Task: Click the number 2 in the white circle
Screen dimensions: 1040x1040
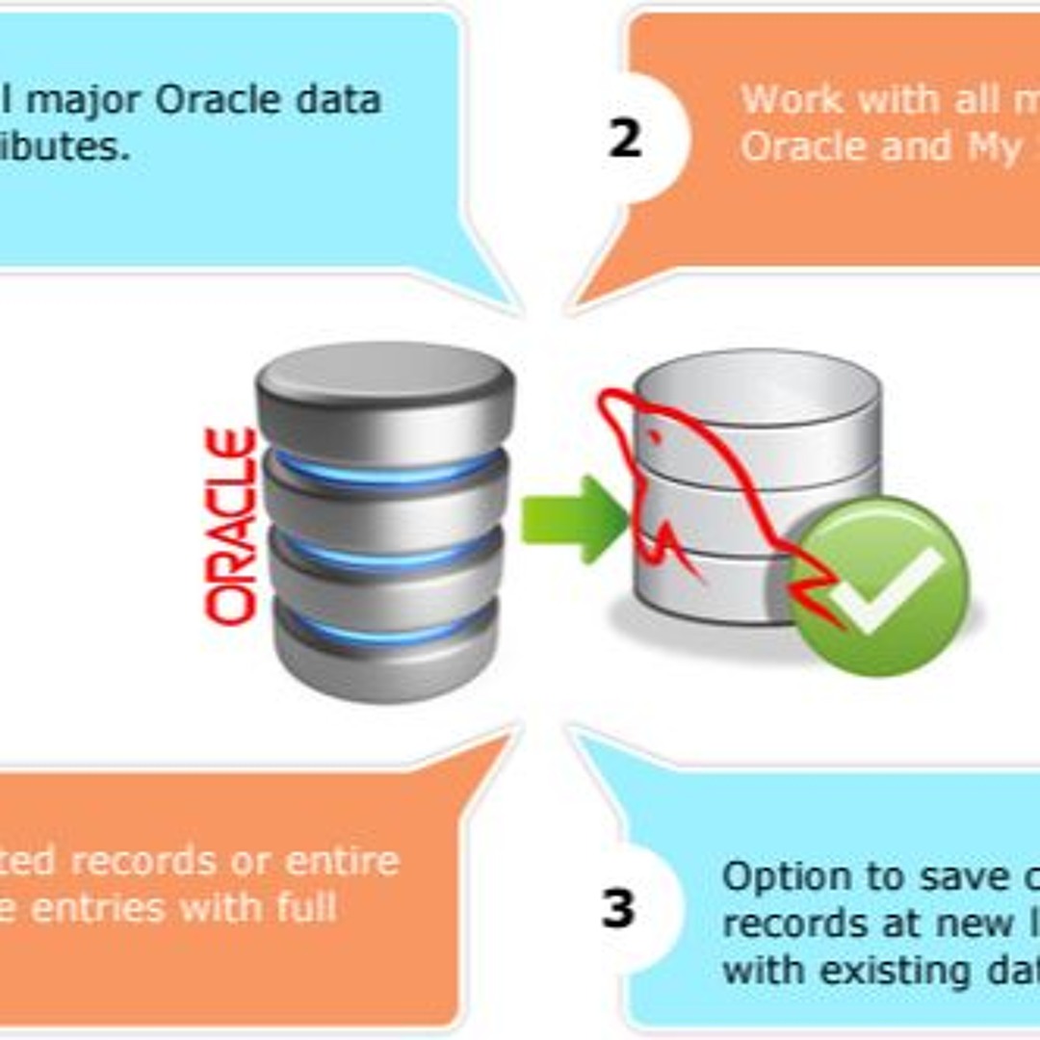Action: pyautogui.click(x=624, y=139)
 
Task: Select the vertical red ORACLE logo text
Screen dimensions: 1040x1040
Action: pyautogui.click(x=232, y=526)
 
